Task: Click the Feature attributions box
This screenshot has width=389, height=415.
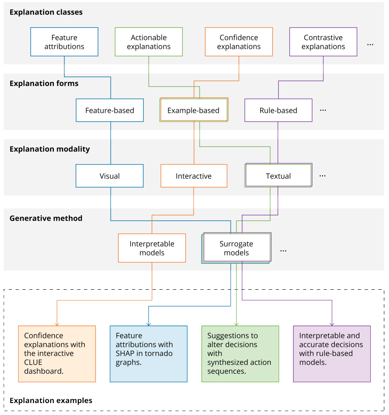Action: pyautogui.click(x=64, y=42)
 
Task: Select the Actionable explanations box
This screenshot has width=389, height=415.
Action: pyautogui.click(x=149, y=42)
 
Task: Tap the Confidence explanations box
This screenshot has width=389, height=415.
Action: pyautogui.click(x=239, y=42)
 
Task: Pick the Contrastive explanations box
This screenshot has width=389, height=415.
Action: pyautogui.click(x=323, y=42)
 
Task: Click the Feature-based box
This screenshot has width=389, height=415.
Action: pyautogui.click(x=110, y=110)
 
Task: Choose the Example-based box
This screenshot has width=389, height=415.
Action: pyautogui.click(x=194, y=110)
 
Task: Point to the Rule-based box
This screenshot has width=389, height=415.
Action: pyautogui.click(x=278, y=110)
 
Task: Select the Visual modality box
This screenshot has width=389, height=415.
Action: pyautogui.click(x=110, y=176)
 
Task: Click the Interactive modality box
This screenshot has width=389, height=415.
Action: pyautogui.click(x=194, y=176)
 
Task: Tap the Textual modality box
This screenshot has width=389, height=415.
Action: pyautogui.click(x=278, y=176)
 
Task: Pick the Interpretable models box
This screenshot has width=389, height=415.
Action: pyautogui.click(x=152, y=248)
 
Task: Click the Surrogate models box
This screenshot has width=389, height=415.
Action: pyautogui.click(x=236, y=248)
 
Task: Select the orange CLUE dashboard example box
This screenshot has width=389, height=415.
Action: pyautogui.click(x=57, y=354)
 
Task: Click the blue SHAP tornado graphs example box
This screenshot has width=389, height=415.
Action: pyautogui.click(x=149, y=354)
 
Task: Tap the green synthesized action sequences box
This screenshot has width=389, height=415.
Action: pyautogui.click(x=240, y=354)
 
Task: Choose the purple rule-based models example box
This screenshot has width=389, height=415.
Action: pyautogui.click(x=332, y=354)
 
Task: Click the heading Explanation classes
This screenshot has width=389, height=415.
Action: pyautogui.click(x=46, y=12)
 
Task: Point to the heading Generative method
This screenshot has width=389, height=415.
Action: pyautogui.click(x=46, y=218)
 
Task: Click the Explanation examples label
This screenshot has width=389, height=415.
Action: pyautogui.click(x=51, y=401)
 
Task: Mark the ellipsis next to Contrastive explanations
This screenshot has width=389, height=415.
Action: pyautogui.click(x=370, y=45)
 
